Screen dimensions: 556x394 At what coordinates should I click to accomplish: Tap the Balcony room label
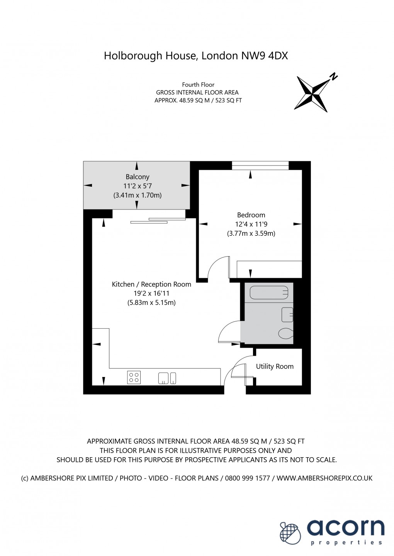coord(138,177)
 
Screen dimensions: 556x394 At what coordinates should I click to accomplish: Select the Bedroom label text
coord(251,215)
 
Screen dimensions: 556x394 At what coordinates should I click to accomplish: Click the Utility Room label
coord(275,366)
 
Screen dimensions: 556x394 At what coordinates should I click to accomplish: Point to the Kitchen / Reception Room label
coord(151,284)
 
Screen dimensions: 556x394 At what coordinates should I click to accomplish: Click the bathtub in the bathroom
coord(269,292)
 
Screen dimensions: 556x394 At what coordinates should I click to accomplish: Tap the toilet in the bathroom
coord(286,333)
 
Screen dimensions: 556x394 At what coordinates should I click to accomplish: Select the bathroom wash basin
coord(287,314)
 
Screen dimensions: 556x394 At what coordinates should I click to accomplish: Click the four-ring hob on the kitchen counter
coord(134,377)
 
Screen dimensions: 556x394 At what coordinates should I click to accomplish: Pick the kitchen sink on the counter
coord(167,378)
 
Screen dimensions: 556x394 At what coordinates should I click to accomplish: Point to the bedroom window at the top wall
coord(260,166)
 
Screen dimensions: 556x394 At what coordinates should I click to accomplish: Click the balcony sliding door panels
coord(158,221)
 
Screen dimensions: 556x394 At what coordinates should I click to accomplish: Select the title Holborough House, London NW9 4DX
coord(196,56)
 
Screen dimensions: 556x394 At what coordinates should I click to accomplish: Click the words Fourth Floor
coord(198,84)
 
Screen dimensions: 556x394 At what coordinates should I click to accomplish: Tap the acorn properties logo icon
coord(290,533)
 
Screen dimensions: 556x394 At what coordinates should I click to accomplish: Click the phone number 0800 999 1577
coord(247,478)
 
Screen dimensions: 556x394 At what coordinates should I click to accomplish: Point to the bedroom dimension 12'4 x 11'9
coord(251,224)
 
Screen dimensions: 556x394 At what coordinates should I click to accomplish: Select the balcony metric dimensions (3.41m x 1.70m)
coord(138,195)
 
